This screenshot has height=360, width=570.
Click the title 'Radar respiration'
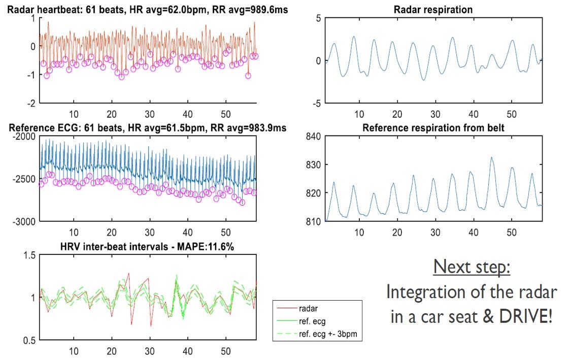[433, 10]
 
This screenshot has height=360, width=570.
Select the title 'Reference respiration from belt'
[433, 128]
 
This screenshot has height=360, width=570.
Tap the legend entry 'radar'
[309, 308]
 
